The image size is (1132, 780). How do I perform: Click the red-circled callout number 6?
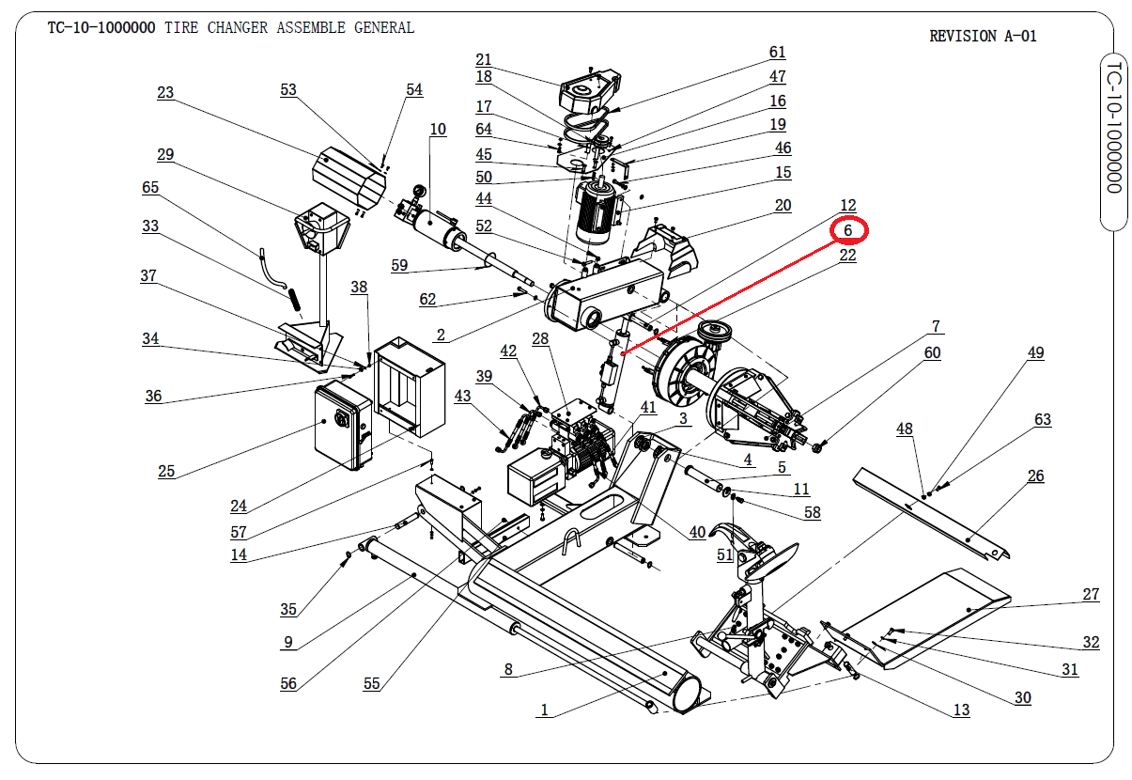(848, 230)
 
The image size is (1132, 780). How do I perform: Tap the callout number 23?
(165, 92)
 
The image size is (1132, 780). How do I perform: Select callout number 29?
(165, 154)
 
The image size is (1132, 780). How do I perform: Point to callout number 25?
(166, 471)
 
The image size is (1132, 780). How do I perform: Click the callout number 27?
(1091, 594)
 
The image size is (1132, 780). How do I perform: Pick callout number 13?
(961, 710)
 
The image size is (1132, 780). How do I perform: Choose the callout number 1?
(544, 710)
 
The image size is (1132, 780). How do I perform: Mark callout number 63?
(1043, 419)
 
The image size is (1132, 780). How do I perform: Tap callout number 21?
(484, 59)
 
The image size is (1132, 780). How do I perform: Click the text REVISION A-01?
(983, 37)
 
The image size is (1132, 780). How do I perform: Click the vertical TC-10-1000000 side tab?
(1113, 128)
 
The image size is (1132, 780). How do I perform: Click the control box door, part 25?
(338, 427)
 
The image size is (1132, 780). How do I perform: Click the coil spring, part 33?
(293, 298)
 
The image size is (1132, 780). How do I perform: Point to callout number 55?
(372, 683)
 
